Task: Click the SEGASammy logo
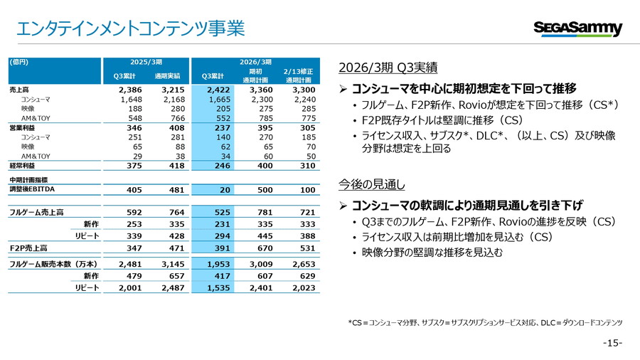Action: [577, 29]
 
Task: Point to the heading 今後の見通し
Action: [372, 185]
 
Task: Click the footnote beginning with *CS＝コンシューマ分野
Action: [485, 322]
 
